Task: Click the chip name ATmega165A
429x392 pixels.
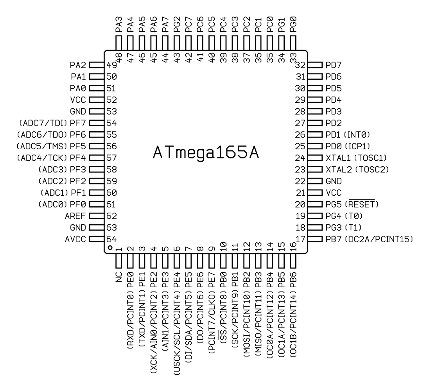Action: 206,152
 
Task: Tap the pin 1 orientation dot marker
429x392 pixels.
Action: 110,248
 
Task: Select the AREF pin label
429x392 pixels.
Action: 75,216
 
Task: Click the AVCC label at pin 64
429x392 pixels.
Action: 75,239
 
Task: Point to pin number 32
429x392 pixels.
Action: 300,65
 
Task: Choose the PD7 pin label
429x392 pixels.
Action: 334,65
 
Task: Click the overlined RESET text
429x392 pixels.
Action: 362,204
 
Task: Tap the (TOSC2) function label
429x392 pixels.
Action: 372,170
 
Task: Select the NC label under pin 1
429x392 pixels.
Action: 119,277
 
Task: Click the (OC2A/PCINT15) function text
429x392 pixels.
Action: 379,239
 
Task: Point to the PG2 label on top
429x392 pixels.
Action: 177,25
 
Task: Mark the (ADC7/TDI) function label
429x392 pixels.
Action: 43,123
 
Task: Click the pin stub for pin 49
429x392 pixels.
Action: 97,65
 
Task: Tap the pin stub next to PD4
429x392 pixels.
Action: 315,100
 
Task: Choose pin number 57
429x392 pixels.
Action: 111,158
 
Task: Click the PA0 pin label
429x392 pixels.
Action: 78,88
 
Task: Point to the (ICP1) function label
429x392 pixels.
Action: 357,146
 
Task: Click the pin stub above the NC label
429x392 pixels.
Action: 118,261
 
